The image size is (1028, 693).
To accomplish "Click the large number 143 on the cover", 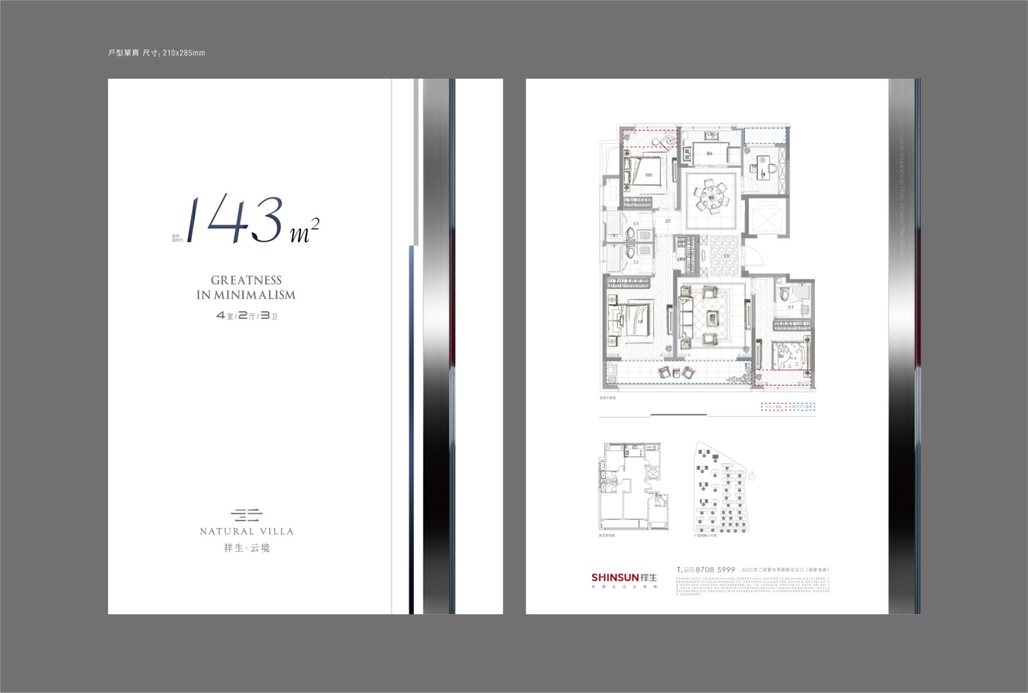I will [x=234, y=218].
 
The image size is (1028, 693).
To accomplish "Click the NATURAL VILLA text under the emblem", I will [x=247, y=531].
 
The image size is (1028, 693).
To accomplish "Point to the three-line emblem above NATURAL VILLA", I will [x=247, y=514].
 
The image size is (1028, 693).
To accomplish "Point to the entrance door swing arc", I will [x=758, y=257].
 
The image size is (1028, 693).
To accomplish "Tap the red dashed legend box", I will [x=773, y=407].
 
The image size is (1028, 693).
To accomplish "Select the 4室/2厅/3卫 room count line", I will [x=247, y=316].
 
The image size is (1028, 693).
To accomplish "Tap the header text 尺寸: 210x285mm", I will [x=173, y=53].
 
